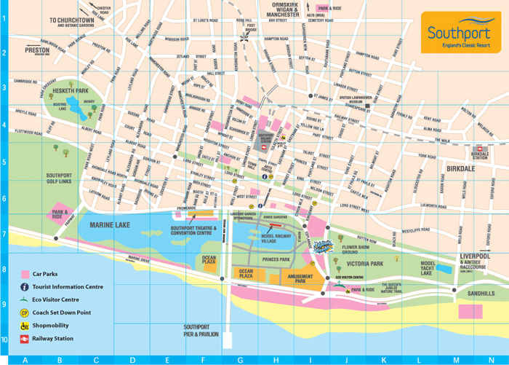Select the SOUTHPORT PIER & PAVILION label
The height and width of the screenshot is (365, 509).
[201, 330]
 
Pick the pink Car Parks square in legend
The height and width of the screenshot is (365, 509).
[26, 275]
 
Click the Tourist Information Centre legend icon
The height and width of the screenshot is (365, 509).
[26, 287]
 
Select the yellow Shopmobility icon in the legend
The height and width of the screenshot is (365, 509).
[26, 326]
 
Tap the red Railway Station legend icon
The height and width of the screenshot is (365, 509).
[26, 339]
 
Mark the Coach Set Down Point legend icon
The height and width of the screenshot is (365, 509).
[26, 313]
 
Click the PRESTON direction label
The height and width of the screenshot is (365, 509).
[37, 51]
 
